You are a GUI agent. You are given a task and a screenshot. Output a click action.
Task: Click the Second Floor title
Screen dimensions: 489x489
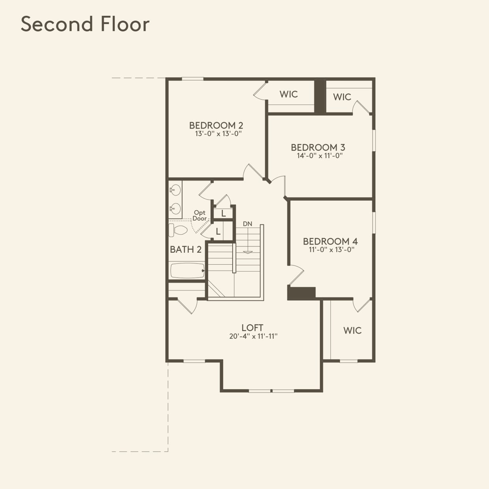pyautogui.click(x=85, y=24)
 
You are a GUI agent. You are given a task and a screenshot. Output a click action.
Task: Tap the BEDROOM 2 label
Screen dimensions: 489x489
pyautogui.click(x=216, y=125)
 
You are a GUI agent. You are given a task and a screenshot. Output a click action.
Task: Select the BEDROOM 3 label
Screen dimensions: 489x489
pyautogui.click(x=318, y=147)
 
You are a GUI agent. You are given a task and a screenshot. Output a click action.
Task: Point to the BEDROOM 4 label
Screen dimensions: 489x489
pyautogui.click(x=330, y=241)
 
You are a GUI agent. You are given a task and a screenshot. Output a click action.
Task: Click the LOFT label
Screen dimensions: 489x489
pyautogui.click(x=252, y=328)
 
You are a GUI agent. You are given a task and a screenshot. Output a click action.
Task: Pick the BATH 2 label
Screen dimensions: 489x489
pyautogui.click(x=185, y=250)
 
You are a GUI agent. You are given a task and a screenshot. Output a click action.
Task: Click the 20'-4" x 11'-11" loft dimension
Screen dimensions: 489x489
pyautogui.click(x=253, y=336)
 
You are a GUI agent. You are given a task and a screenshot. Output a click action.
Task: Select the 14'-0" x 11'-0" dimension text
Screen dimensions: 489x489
pyautogui.click(x=319, y=156)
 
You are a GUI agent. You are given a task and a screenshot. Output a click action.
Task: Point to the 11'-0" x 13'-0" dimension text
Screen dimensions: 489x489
pyautogui.click(x=331, y=250)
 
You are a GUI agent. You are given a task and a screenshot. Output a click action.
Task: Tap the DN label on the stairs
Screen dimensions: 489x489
pyautogui.click(x=247, y=224)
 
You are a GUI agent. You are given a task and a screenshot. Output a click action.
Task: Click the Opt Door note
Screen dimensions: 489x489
pyautogui.click(x=200, y=216)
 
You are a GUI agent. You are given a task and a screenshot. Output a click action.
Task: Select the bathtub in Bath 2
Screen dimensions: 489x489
pyautogui.click(x=187, y=271)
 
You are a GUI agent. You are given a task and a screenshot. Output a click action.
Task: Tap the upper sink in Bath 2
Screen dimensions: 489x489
pyautogui.click(x=175, y=190)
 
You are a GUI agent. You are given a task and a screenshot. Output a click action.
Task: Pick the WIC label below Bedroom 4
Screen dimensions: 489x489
pyautogui.click(x=352, y=330)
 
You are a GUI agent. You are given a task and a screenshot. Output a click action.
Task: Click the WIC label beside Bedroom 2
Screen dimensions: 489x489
pyautogui.click(x=288, y=94)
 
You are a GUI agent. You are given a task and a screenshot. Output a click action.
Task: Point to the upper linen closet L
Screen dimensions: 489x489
pyautogui.click(x=223, y=214)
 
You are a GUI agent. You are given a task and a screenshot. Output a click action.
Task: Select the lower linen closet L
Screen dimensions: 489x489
pyautogui.click(x=218, y=232)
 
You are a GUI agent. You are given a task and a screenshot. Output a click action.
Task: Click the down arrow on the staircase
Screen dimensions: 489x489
pyautogui.click(x=247, y=252)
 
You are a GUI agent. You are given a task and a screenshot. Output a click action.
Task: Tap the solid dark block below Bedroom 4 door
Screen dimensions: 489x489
pyautogui.click(x=301, y=293)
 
